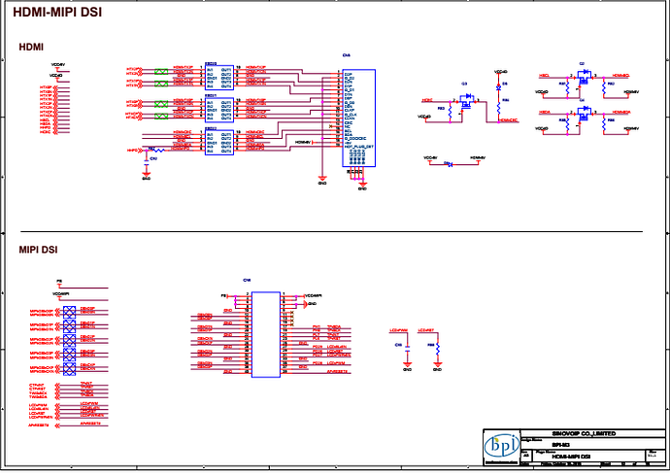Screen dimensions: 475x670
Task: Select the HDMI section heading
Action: pyautogui.click(x=32, y=47)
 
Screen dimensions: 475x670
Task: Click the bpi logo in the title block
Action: pyautogui.click(x=502, y=446)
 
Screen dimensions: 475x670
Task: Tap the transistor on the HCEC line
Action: pyautogui.click(x=466, y=102)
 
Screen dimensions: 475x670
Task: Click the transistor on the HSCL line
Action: pyautogui.click(x=582, y=77)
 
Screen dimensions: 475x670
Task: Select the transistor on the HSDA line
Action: pyautogui.click(x=582, y=114)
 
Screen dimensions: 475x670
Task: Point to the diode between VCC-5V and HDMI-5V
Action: pyautogui.click(x=449, y=163)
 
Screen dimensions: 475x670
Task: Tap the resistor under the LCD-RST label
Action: pyautogui.click(x=437, y=347)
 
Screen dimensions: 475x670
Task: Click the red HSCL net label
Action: pyautogui.click(x=545, y=75)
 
